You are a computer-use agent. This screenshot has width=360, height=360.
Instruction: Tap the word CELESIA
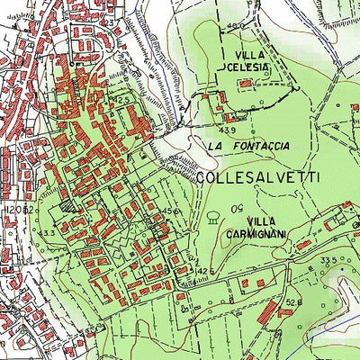pos(246,68)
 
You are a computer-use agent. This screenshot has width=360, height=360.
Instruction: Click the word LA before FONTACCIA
pos(214,145)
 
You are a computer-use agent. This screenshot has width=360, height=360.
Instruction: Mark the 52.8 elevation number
pos(292,303)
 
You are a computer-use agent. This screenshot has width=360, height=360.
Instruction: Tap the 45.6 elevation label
pos(172,212)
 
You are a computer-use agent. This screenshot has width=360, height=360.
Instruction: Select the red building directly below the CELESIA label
pos(246,84)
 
